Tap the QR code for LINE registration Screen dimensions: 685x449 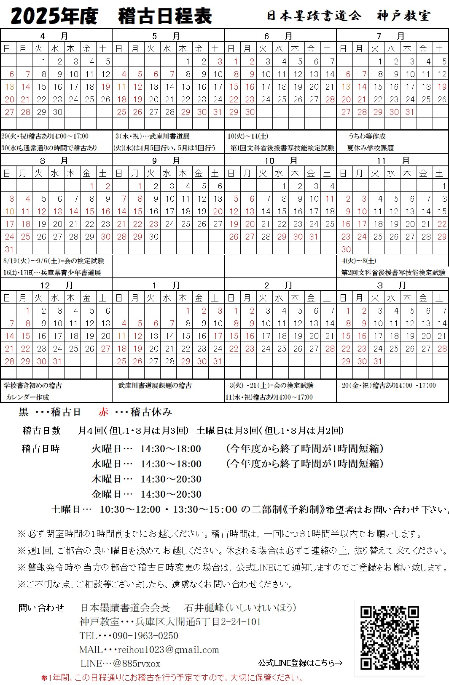pyautogui.click(x=390, y=637)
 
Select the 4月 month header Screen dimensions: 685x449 pyautogui.click(x=56, y=36)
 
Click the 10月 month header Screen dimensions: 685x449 pyautogui.click(x=280, y=160)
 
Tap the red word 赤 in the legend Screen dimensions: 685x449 pyautogui.click(x=103, y=412)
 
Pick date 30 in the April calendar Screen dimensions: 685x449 pyautogui.click(x=58, y=112)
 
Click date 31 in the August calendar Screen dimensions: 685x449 pyautogui.click(x=9, y=249)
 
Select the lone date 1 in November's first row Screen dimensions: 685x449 pyautogui.click(x=444, y=186)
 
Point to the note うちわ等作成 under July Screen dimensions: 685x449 pyautogui.click(x=367, y=136)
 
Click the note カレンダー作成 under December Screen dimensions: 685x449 pyautogui.click(x=28, y=397)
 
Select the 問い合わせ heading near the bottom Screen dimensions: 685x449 pyautogui.click(x=41, y=608)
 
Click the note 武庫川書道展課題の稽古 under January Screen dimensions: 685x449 pyautogui.click(x=155, y=385)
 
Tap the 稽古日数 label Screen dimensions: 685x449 pyautogui.click(x=41, y=430)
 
